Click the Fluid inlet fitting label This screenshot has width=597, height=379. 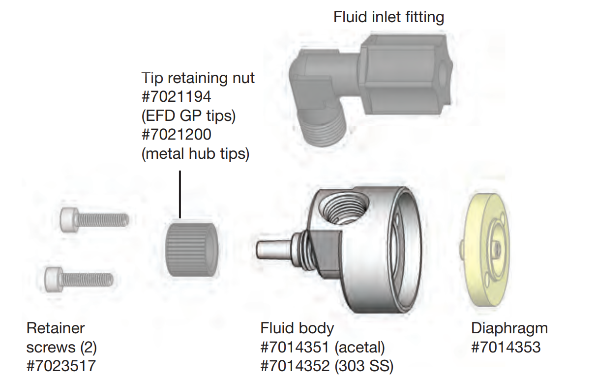point(388,18)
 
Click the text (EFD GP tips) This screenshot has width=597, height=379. point(189,116)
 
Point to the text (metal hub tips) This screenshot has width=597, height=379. point(195,154)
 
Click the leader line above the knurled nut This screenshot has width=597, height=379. point(180,194)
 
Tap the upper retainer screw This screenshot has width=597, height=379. point(94,220)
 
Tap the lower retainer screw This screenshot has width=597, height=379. point(79,279)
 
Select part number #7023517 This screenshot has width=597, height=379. point(61,366)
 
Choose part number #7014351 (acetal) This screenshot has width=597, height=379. point(322,348)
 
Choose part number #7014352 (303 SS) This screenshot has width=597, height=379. point(327,366)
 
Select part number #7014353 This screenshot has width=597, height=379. point(506,348)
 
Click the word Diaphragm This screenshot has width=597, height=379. point(509,328)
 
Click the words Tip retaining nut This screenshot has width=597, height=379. point(198,78)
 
